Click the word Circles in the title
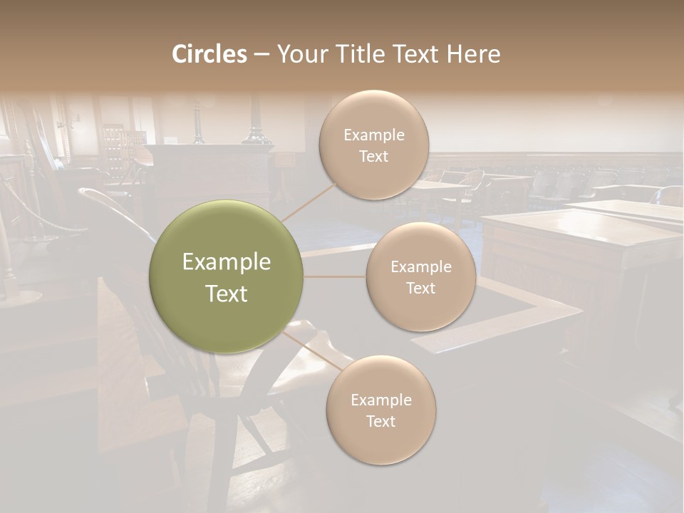click(209, 54)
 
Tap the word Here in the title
click(475, 54)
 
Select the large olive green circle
click(227, 276)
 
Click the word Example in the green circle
click(227, 262)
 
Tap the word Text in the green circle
click(227, 294)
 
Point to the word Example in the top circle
click(374, 135)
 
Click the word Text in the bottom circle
click(381, 421)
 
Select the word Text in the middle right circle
click(420, 288)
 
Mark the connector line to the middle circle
click(335, 276)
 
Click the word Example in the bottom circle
click(381, 400)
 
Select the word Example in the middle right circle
click(420, 267)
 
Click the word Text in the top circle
click(374, 156)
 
